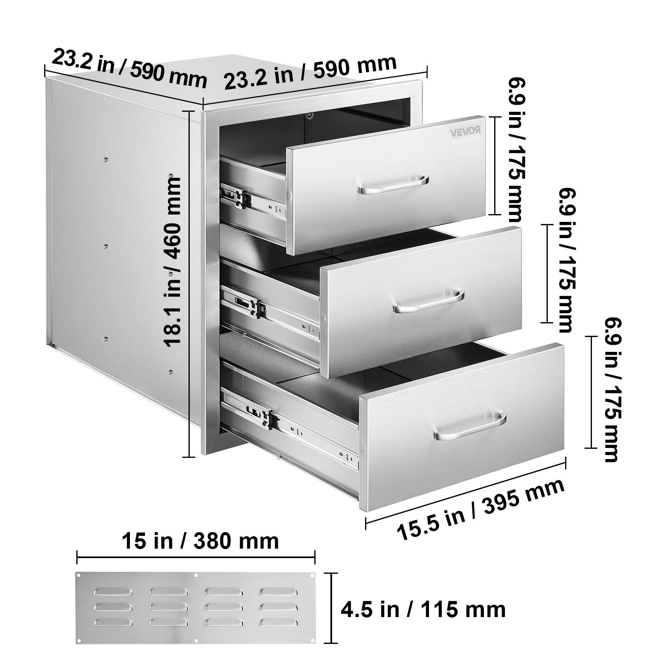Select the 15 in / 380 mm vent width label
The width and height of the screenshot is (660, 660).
coord(200,540)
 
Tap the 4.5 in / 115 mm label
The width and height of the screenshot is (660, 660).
coord(423,609)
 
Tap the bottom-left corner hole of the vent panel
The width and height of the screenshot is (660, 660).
coord(79,651)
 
